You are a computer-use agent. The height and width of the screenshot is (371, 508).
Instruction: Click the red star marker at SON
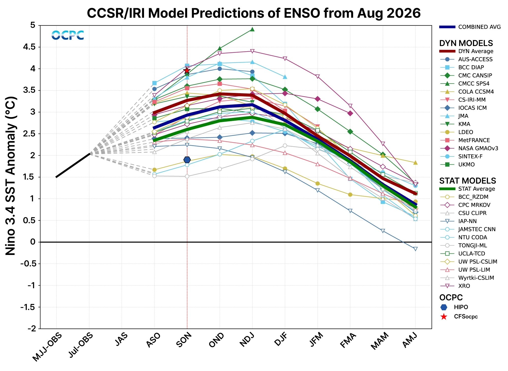click(x=187, y=70)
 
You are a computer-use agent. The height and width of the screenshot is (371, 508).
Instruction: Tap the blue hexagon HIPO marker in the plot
click(x=187, y=160)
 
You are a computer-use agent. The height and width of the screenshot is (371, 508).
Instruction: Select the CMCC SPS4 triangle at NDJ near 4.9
click(x=252, y=29)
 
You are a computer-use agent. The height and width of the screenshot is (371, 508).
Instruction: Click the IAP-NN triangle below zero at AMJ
click(x=415, y=249)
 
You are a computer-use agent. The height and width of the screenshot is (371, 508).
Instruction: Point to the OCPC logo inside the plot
click(x=68, y=35)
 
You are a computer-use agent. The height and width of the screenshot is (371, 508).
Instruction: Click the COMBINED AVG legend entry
click(x=470, y=27)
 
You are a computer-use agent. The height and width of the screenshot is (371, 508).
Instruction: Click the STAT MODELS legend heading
click(x=468, y=181)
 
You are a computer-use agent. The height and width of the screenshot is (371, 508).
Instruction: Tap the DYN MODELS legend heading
click(x=466, y=43)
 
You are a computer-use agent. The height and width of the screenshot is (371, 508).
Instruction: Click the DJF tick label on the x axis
click(x=281, y=339)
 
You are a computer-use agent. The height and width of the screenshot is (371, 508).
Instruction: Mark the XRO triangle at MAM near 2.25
click(x=383, y=144)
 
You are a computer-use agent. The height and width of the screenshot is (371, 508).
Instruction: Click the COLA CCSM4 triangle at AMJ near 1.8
click(x=415, y=163)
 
